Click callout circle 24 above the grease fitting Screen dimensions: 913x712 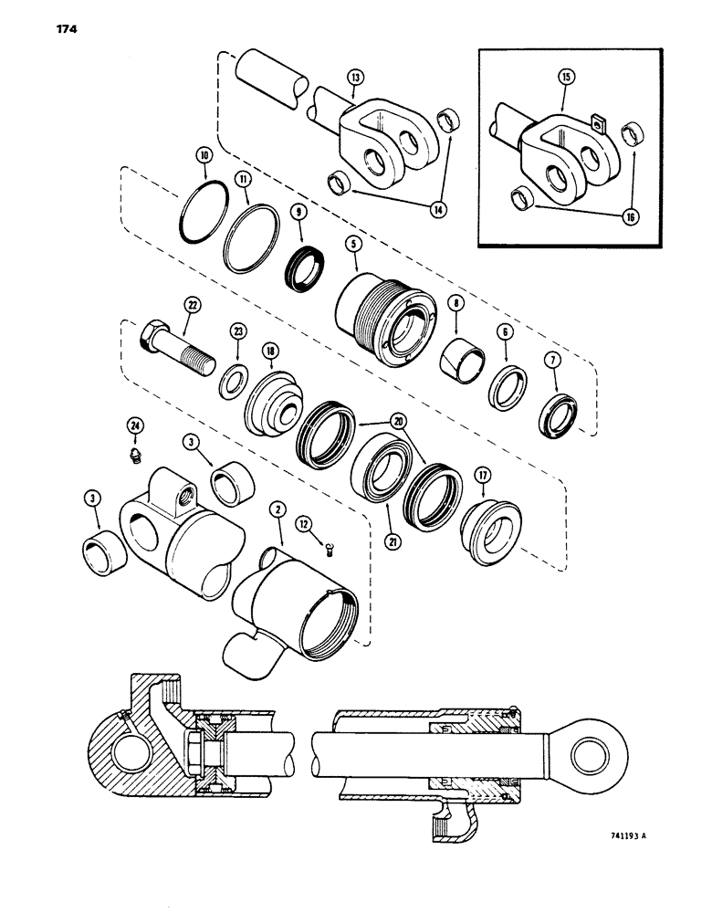[134, 426]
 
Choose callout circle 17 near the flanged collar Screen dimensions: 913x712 [483, 475]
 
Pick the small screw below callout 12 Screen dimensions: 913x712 [329, 548]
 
